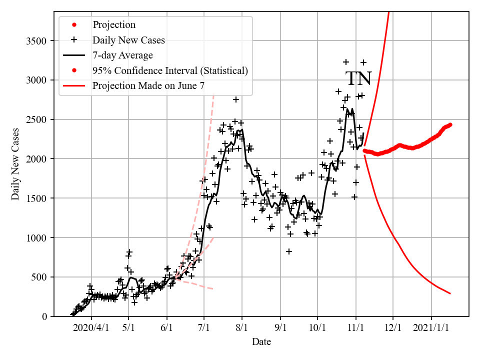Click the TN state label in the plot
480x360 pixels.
coord(358,79)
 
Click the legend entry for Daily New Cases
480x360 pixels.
coord(128,40)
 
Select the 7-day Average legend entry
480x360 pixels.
coord(122,55)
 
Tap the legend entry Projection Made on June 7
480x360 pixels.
coord(148,86)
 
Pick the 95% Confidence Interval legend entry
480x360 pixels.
coord(170,70)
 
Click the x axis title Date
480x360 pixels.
coord(261,342)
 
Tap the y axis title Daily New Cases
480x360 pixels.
coord(15,163)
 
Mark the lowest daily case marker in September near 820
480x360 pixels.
coord(289,251)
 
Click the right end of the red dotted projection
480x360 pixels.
coord(450,125)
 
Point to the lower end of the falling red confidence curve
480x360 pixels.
coord(450,293)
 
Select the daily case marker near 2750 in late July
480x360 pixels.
coord(236,99)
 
